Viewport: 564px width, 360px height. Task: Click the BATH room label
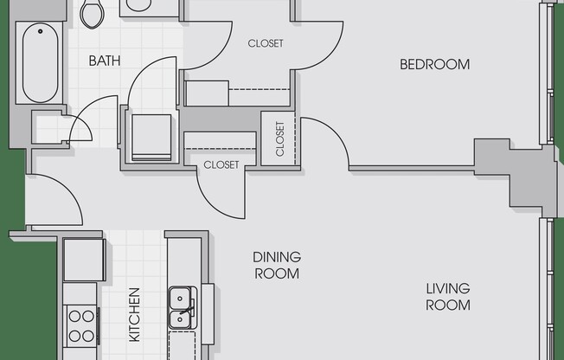pyautogui.click(x=105, y=61)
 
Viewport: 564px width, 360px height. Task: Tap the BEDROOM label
pyautogui.click(x=435, y=64)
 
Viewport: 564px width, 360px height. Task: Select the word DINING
pyautogui.click(x=277, y=257)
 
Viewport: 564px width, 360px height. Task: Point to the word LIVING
pyautogui.click(x=448, y=288)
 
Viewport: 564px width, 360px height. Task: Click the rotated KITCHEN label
pyautogui.click(x=134, y=314)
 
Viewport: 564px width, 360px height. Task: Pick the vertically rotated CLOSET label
pyautogui.click(x=280, y=138)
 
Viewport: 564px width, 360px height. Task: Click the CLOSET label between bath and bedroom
pyautogui.click(x=266, y=43)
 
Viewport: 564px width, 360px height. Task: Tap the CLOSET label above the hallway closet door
pyautogui.click(x=221, y=165)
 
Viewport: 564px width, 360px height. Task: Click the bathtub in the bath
pyautogui.click(x=40, y=63)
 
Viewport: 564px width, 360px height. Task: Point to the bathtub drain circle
pyautogui.click(x=41, y=31)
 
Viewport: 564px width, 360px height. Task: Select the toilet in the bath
pyautogui.click(x=93, y=14)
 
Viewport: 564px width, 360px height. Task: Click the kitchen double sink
pyautogui.click(x=183, y=307)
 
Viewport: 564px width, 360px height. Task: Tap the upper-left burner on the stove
pyautogui.click(x=74, y=317)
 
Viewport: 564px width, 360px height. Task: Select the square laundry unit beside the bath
pyautogui.click(x=151, y=138)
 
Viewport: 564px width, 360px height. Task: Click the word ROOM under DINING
pyautogui.click(x=277, y=273)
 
